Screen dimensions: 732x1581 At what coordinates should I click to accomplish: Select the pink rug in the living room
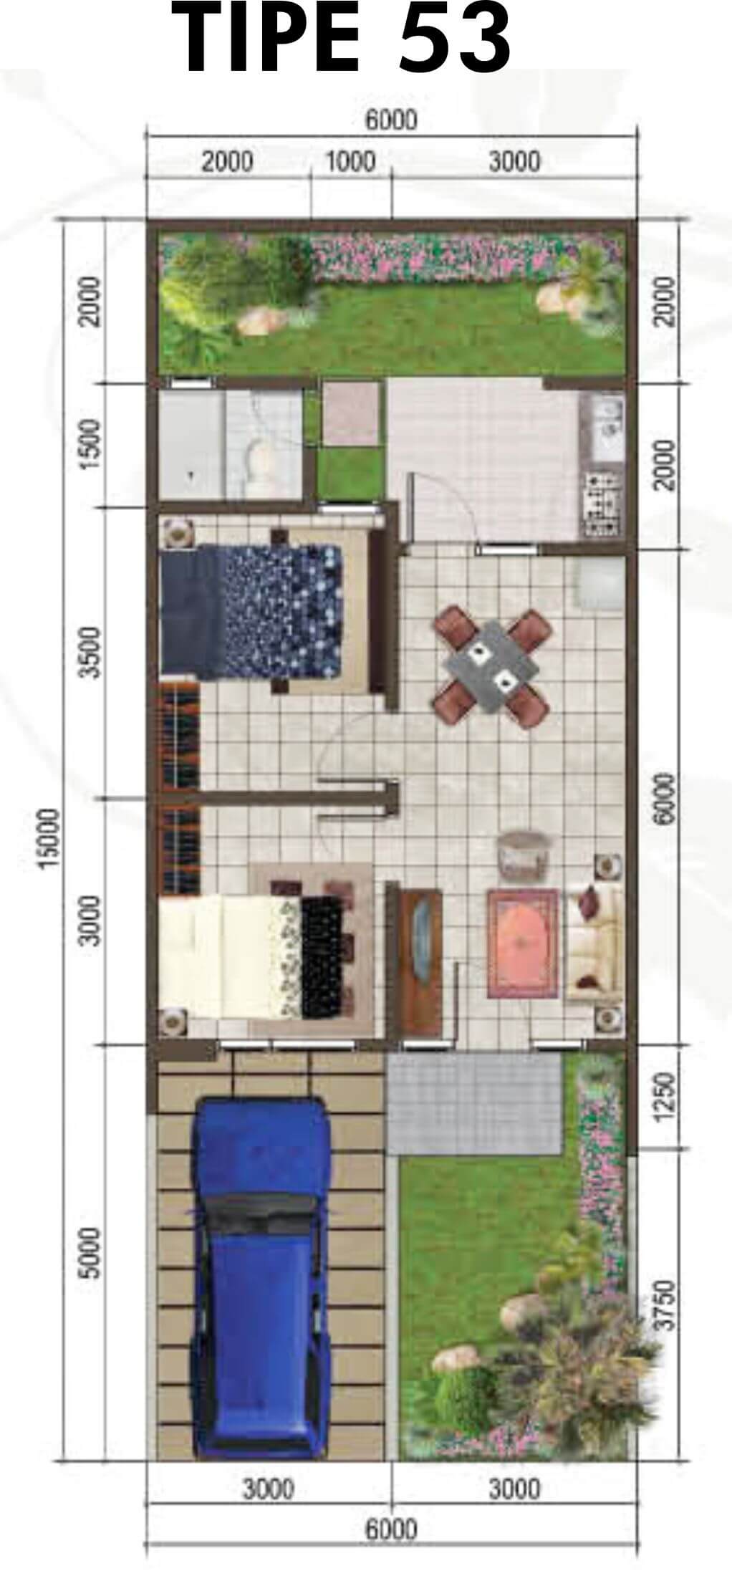[x=522, y=943]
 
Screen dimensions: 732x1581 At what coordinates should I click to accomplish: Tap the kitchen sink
[x=606, y=430]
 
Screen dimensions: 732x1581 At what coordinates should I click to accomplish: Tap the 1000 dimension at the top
[x=350, y=161]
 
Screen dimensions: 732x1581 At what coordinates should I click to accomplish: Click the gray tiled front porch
[x=473, y=1103]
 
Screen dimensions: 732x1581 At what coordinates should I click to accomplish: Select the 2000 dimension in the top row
[x=227, y=161]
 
